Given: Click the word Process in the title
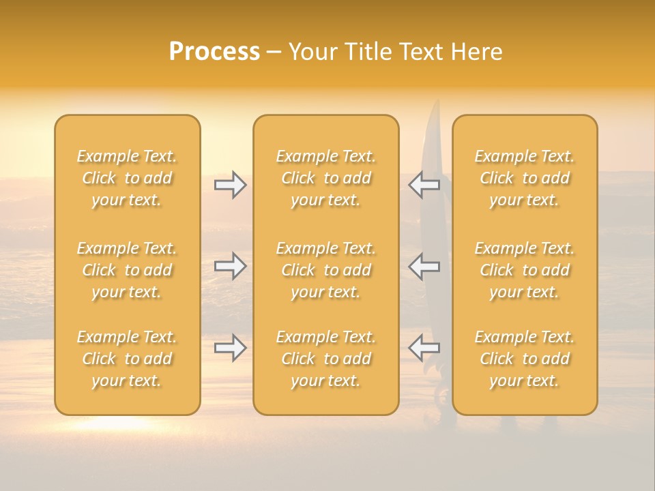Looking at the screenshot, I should point(214,52).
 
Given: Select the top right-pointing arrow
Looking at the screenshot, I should point(230,185).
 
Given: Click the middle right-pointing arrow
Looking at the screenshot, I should point(230,266).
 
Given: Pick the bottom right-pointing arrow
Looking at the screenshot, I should point(230,348).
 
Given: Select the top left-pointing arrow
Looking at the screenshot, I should point(424,185).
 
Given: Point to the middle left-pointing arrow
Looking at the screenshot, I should point(424,266).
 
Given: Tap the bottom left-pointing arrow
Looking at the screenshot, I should point(424,348).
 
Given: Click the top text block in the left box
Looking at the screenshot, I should point(127,178).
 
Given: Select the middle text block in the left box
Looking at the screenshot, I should point(127,270).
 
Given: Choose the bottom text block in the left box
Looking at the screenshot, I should point(127,359).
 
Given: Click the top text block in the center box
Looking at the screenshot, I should point(326,178).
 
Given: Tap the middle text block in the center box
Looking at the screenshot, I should point(326,270).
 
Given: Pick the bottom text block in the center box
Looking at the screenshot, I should point(326,359).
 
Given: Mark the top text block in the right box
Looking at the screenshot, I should point(525,178).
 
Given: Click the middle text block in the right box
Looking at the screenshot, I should point(525,270).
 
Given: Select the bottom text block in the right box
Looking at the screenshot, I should point(525,359).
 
